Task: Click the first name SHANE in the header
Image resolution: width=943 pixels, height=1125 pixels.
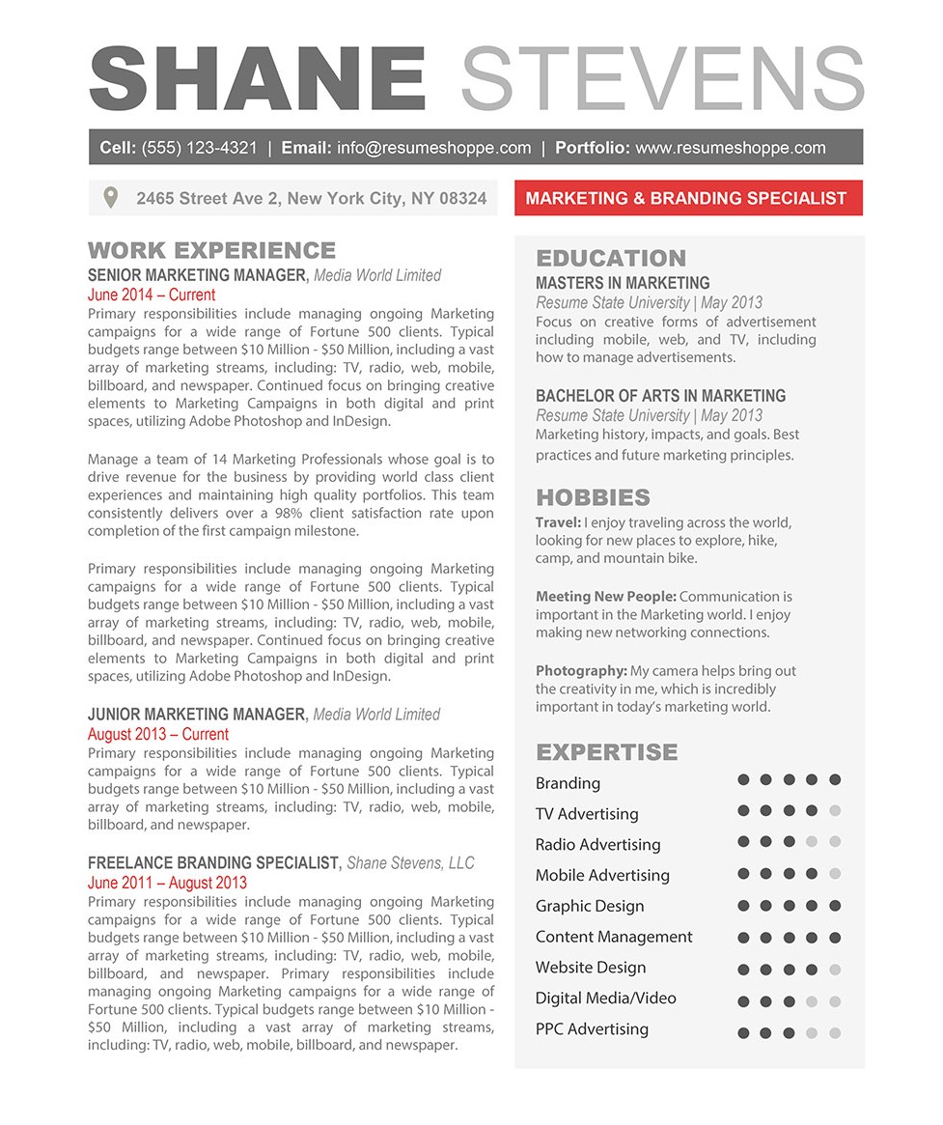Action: (258, 78)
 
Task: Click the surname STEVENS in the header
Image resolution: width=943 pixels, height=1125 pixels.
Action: (662, 78)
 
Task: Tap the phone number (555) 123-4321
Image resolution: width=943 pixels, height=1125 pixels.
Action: (200, 148)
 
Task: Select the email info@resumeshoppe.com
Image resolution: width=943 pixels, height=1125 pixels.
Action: (434, 148)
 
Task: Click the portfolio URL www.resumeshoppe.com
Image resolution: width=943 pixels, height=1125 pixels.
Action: (731, 148)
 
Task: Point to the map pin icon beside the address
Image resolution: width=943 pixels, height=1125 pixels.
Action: (111, 198)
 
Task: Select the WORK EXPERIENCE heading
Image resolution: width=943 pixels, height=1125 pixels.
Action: (211, 251)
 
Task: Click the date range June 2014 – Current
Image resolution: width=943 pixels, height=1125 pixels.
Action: (152, 295)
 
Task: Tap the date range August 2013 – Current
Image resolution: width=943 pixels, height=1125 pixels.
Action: (158, 734)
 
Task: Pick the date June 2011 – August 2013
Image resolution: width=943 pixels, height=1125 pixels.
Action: (167, 883)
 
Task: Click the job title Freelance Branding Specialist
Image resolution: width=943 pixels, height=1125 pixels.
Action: (213, 863)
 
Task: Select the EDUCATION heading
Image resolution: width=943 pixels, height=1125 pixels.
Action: (611, 259)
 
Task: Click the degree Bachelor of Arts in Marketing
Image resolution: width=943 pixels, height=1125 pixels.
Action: (660, 396)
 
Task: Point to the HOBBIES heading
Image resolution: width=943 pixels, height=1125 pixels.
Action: (593, 498)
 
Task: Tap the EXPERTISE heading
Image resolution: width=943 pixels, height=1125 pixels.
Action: (607, 752)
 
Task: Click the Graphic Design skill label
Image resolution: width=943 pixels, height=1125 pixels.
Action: (590, 906)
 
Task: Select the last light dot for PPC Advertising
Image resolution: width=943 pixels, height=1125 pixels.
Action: (835, 1033)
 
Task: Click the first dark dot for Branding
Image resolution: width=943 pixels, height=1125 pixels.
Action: (743, 779)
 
